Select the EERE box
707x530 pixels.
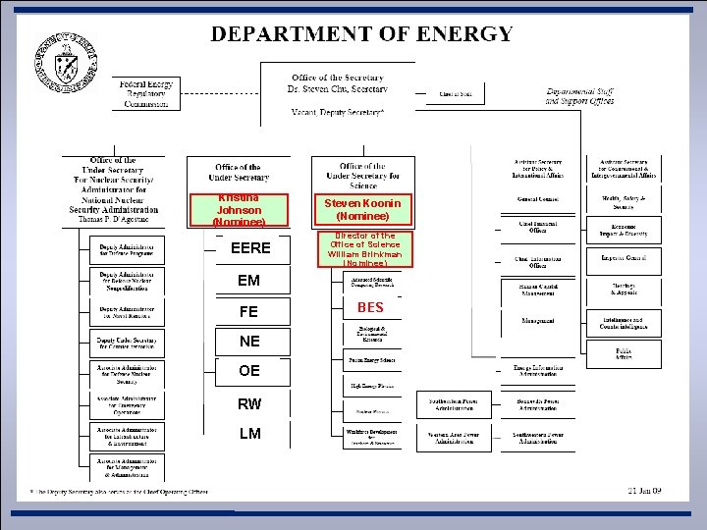click(249, 248)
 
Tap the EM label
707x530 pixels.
click(249, 281)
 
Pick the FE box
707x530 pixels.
click(249, 312)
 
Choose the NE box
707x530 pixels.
click(249, 342)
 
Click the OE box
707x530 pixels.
click(249, 371)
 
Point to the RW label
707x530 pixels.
click(249, 403)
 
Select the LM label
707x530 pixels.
click(249, 434)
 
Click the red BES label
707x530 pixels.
click(370, 308)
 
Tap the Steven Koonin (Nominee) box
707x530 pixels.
click(362, 209)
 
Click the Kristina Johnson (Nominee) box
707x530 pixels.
click(239, 210)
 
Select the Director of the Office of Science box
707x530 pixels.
click(362, 249)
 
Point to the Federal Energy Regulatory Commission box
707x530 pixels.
click(146, 94)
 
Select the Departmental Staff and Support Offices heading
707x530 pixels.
click(579, 96)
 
